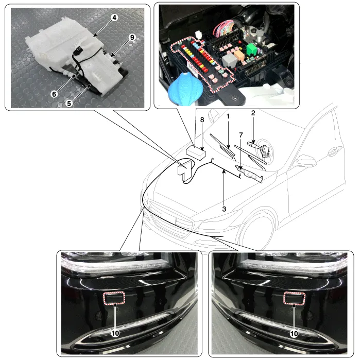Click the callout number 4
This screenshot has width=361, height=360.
pyautogui.click(x=114, y=18)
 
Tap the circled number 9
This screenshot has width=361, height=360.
pyautogui.click(x=132, y=37)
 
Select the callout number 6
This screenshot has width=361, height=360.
pyautogui.click(x=54, y=94)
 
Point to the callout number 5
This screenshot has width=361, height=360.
pyautogui.click(x=69, y=104)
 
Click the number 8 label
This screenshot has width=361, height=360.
pyautogui.click(x=202, y=119)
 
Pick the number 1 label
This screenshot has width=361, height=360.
pyautogui.click(x=228, y=116)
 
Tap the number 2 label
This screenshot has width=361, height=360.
pyautogui.click(x=253, y=113)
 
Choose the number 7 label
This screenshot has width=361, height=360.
pyautogui.click(x=241, y=135)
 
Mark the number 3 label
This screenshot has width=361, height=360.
pyautogui.click(x=224, y=209)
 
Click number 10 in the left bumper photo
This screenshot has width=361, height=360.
pyautogui.click(x=115, y=333)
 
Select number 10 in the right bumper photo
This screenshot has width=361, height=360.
pyautogui.click(x=294, y=334)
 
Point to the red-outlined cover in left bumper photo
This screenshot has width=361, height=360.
pyautogui.click(x=114, y=298)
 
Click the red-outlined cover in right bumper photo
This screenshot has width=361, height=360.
pyautogui.click(x=294, y=298)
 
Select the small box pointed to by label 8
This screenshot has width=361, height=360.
pyautogui.click(x=196, y=152)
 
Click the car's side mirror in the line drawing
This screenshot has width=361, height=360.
pyautogui.click(x=304, y=160)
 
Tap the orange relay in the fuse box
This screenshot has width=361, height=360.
pyautogui.click(x=239, y=55)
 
